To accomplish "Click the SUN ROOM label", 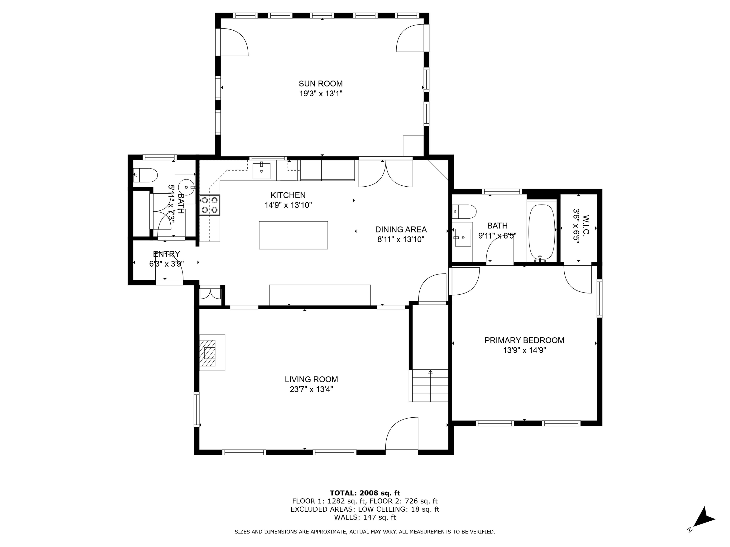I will tap(321, 84).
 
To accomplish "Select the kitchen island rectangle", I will tap(293, 235).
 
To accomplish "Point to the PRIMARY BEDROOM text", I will tap(524, 340).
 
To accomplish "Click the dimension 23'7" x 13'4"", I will tap(311, 389).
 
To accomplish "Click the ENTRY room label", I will tap(167, 254).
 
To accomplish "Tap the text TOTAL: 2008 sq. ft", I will tap(365, 493).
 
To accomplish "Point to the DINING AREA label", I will tap(401, 230).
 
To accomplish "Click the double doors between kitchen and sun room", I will tap(386, 174).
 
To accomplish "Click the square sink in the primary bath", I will tap(463, 237).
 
